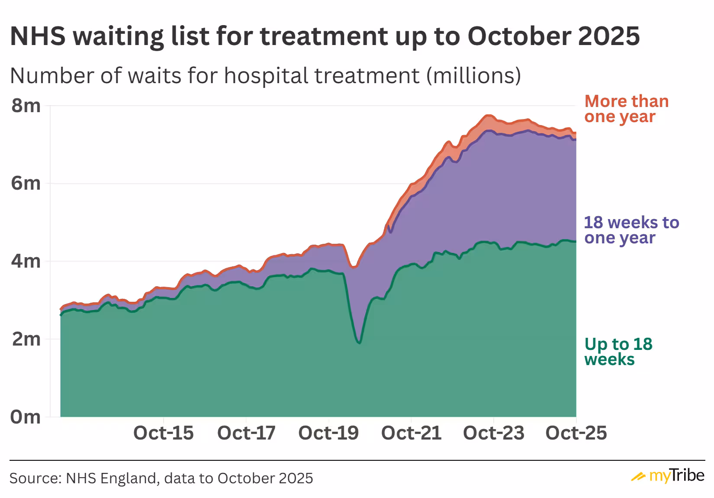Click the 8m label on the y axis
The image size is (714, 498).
click(x=26, y=105)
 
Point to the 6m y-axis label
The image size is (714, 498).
click(x=26, y=183)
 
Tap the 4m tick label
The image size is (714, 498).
click(x=26, y=261)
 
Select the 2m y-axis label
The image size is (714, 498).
click(x=26, y=339)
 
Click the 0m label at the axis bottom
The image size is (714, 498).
click(x=26, y=417)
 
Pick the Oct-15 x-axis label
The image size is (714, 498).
click(x=163, y=433)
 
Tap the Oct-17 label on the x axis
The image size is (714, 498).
click(x=246, y=433)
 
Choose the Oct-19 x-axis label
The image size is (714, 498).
click(x=328, y=433)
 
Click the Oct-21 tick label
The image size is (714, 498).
click(x=411, y=433)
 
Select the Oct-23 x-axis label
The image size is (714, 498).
click(x=493, y=433)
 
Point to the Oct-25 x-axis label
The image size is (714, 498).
click(x=576, y=433)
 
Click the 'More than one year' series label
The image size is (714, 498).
click(x=626, y=109)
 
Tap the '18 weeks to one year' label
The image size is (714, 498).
click(x=631, y=230)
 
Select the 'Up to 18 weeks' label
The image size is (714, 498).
click(x=618, y=351)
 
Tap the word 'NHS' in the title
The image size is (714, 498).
click(x=38, y=36)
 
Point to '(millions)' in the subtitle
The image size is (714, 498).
click(x=473, y=76)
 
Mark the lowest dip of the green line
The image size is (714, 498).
click(x=359, y=343)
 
